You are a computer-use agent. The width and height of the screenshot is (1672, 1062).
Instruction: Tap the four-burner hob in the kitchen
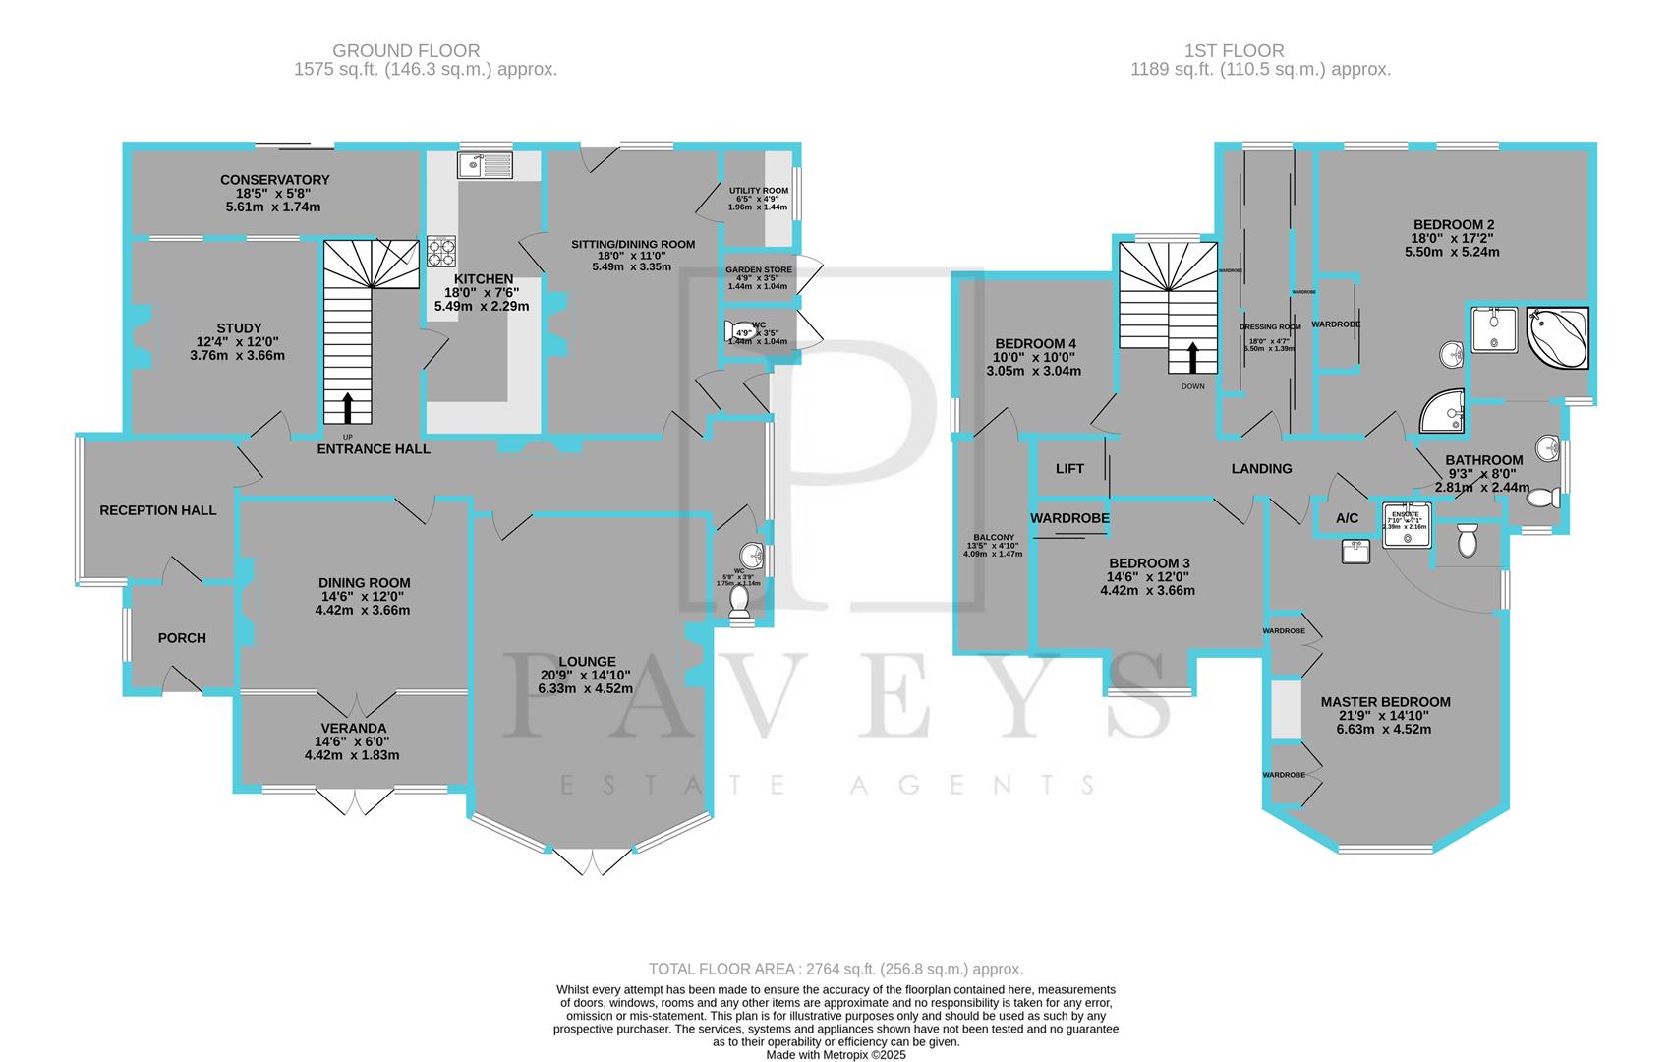pyautogui.click(x=441, y=252)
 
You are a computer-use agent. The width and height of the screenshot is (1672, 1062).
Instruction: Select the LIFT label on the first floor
pyautogui.click(x=1069, y=469)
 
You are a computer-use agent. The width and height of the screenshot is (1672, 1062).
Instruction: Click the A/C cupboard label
pyautogui.click(x=1347, y=518)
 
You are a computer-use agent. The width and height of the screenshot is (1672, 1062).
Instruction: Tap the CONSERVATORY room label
pyautogui.click(x=274, y=180)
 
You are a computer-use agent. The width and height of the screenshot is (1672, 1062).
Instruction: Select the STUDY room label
pyautogui.click(x=239, y=328)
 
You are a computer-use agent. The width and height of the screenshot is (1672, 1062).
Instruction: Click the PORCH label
pyautogui.click(x=182, y=638)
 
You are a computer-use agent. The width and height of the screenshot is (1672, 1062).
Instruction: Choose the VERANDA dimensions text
pyautogui.click(x=352, y=755)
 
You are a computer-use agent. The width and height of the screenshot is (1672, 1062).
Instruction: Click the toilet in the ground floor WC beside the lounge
pyautogui.click(x=739, y=603)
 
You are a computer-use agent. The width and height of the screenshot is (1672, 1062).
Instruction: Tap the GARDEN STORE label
pyautogui.click(x=758, y=269)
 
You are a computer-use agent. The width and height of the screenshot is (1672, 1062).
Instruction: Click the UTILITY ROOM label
pyautogui.click(x=758, y=190)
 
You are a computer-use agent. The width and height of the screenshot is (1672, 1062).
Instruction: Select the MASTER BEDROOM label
pyautogui.click(x=1385, y=702)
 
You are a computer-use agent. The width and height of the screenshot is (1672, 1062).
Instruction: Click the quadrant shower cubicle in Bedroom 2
pyautogui.click(x=1443, y=413)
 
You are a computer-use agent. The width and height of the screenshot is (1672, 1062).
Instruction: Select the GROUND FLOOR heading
pyautogui.click(x=406, y=50)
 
